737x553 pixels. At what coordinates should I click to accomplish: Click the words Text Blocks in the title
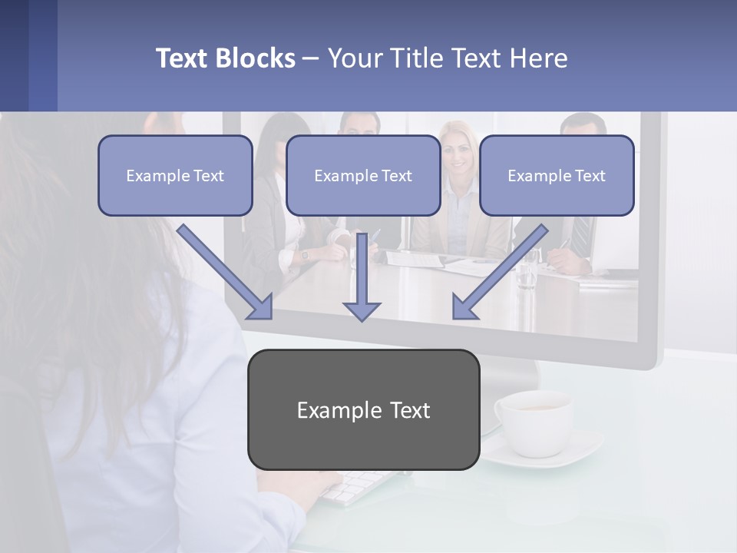[225, 58]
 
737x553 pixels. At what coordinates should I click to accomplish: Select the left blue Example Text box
[175, 176]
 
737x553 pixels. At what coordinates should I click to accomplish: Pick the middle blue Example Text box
[363, 176]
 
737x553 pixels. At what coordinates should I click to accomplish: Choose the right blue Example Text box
[557, 176]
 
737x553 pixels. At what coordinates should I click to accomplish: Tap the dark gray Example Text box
[363, 409]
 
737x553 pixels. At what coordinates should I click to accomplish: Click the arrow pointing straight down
[362, 280]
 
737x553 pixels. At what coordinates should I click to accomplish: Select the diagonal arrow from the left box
[227, 273]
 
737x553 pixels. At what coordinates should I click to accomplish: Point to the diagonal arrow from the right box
[499, 273]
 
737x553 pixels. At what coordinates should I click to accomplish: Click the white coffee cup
[534, 419]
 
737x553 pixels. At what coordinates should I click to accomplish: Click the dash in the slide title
[311, 58]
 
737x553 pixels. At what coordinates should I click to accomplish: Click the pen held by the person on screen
[374, 237]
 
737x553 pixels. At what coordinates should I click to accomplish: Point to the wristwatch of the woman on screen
[305, 254]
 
